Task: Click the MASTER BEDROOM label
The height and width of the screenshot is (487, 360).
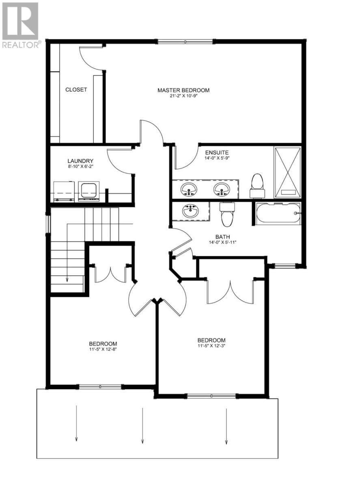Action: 183,90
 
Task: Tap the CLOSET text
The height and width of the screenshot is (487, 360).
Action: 76,90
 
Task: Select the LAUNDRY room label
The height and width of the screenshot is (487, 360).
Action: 81,161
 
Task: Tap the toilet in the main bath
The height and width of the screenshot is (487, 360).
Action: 227,214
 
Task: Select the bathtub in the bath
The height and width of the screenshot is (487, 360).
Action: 278,212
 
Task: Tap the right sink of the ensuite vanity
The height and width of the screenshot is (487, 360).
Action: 221,189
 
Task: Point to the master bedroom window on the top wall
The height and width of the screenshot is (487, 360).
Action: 185,41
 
